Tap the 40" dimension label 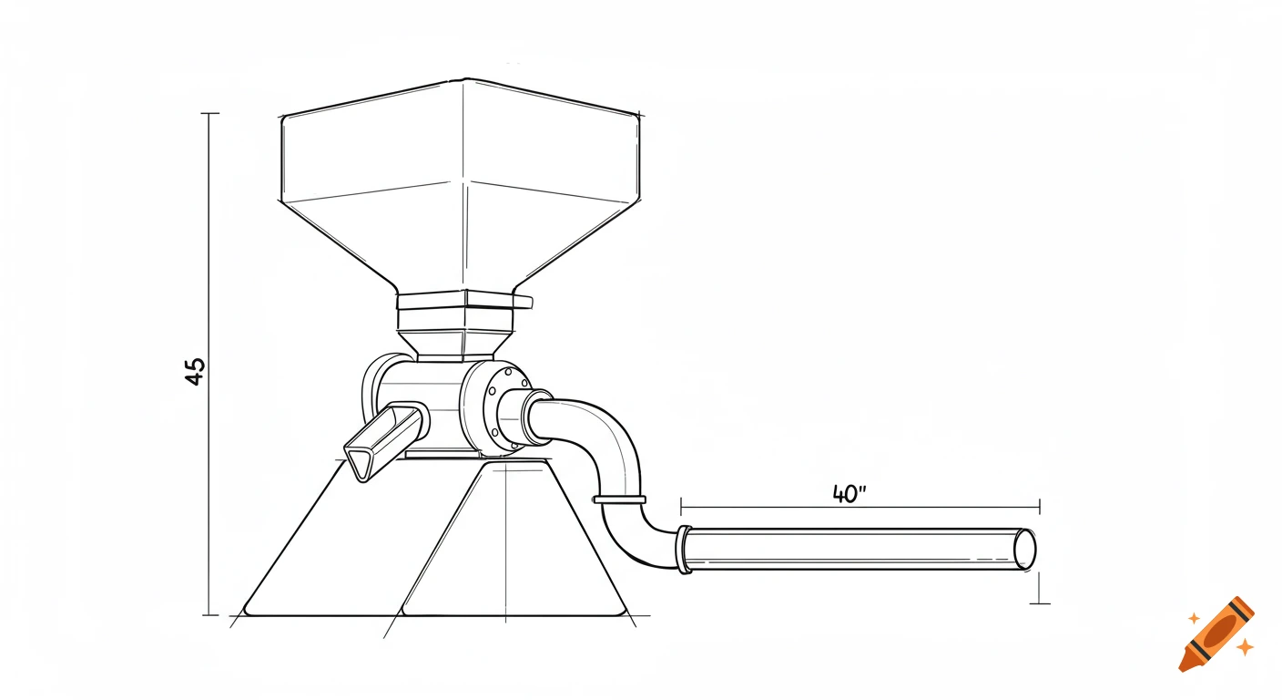[849, 493]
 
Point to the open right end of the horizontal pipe [1025, 550]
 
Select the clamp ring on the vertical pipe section [618, 499]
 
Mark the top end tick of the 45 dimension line [209, 114]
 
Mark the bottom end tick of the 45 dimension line [209, 615]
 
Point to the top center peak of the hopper [464, 80]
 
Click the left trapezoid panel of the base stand [328, 547]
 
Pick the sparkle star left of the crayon [1194, 618]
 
